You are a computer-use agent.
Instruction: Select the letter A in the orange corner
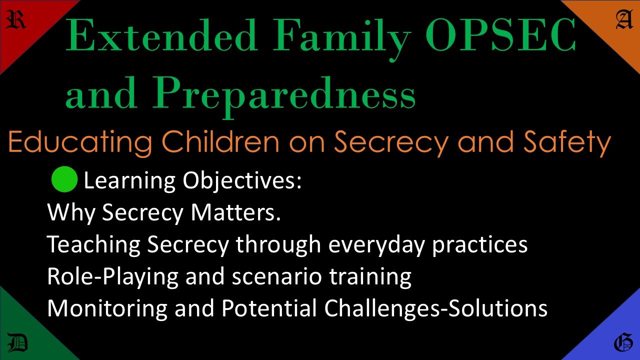623,20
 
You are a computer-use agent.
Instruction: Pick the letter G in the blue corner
622,344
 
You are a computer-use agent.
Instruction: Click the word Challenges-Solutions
435,309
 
